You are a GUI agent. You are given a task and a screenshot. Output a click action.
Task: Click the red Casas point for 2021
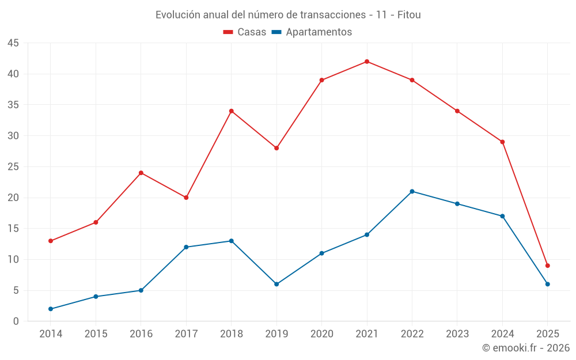(x=367, y=62)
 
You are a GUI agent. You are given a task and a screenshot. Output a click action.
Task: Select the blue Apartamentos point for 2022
(x=412, y=191)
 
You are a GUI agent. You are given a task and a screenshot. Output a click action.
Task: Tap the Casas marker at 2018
(x=232, y=111)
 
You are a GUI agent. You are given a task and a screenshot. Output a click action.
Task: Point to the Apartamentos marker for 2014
(x=51, y=309)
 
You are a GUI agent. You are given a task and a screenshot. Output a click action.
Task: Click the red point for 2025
(x=547, y=266)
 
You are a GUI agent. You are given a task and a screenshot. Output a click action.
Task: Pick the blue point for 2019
(x=276, y=284)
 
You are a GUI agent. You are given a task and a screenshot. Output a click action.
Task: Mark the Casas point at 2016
(x=141, y=173)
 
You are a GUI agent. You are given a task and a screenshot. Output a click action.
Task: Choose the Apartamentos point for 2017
(x=186, y=247)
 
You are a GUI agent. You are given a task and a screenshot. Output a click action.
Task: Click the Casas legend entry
(x=245, y=32)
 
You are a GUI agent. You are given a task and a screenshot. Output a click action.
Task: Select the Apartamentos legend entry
(x=312, y=32)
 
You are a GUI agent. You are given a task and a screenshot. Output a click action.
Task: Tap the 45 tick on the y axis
(x=13, y=43)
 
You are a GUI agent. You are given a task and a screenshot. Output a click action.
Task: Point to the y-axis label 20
(x=13, y=198)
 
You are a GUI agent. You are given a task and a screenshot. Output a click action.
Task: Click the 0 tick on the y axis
(x=16, y=321)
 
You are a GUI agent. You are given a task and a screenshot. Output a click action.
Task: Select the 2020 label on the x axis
(x=321, y=334)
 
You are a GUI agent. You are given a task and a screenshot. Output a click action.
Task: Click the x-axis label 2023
(x=457, y=334)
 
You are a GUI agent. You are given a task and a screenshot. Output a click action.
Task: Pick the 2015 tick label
(x=96, y=334)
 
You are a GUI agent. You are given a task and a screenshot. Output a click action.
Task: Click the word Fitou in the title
(x=409, y=14)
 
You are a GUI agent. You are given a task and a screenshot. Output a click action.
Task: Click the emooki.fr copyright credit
(x=526, y=348)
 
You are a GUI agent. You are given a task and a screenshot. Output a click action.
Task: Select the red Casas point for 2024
(x=502, y=142)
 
